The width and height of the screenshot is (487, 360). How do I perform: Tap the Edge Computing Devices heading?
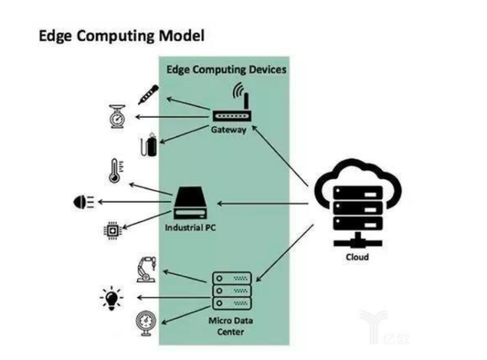coord(225,70)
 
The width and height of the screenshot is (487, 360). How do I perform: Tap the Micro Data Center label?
coord(227,326)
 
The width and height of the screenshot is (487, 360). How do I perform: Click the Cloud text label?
coord(357,257)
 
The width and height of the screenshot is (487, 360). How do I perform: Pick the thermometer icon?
coord(115,171)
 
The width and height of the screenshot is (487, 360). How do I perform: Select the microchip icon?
coord(113,229)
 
